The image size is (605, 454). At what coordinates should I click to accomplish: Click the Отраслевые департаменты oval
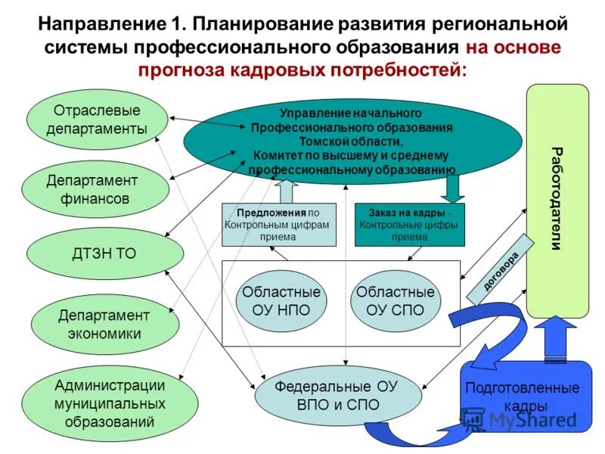(97, 119)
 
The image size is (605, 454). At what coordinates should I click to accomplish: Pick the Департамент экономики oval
(104, 324)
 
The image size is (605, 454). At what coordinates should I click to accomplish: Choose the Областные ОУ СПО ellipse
(396, 300)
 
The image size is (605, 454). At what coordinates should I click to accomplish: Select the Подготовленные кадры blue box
(522, 396)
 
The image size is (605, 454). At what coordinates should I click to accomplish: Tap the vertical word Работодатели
(557, 198)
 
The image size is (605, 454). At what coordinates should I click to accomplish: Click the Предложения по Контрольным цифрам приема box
(279, 225)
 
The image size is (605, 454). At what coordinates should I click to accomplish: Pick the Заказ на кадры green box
(409, 225)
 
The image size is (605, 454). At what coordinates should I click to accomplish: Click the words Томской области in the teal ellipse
(351, 141)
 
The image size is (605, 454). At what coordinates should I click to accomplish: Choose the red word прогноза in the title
(181, 70)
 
